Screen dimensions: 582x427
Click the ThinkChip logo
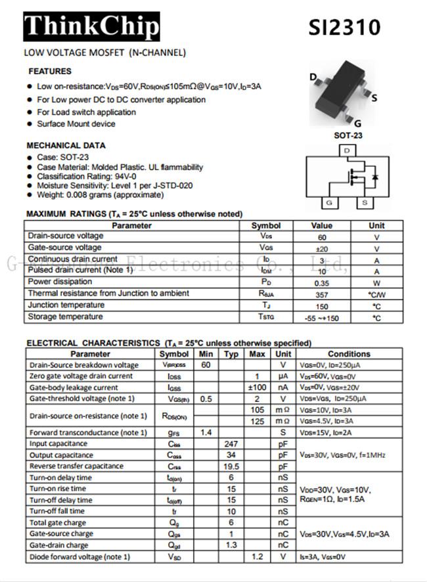(x=91, y=26)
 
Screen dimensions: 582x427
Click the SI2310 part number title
(x=344, y=27)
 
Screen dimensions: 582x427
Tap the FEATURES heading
(x=50, y=71)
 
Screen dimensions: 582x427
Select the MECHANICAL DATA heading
(x=66, y=145)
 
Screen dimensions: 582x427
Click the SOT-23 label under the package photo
(x=348, y=136)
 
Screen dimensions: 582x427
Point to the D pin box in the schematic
(x=346, y=150)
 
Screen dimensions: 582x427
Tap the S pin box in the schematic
(x=365, y=203)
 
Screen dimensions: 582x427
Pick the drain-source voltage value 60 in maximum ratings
(x=322, y=236)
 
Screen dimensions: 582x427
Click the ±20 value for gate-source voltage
(x=322, y=248)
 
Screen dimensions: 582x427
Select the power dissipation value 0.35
(x=322, y=282)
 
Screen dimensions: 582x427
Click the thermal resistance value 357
(x=322, y=294)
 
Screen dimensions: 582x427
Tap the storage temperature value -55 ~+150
(x=322, y=318)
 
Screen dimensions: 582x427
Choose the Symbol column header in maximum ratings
(x=265, y=225)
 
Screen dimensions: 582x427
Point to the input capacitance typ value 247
(x=231, y=444)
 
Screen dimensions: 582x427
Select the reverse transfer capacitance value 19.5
(x=231, y=466)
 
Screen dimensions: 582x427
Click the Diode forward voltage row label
(x=79, y=557)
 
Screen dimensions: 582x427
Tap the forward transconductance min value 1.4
(x=206, y=432)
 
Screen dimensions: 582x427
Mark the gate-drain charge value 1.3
(x=231, y=545)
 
